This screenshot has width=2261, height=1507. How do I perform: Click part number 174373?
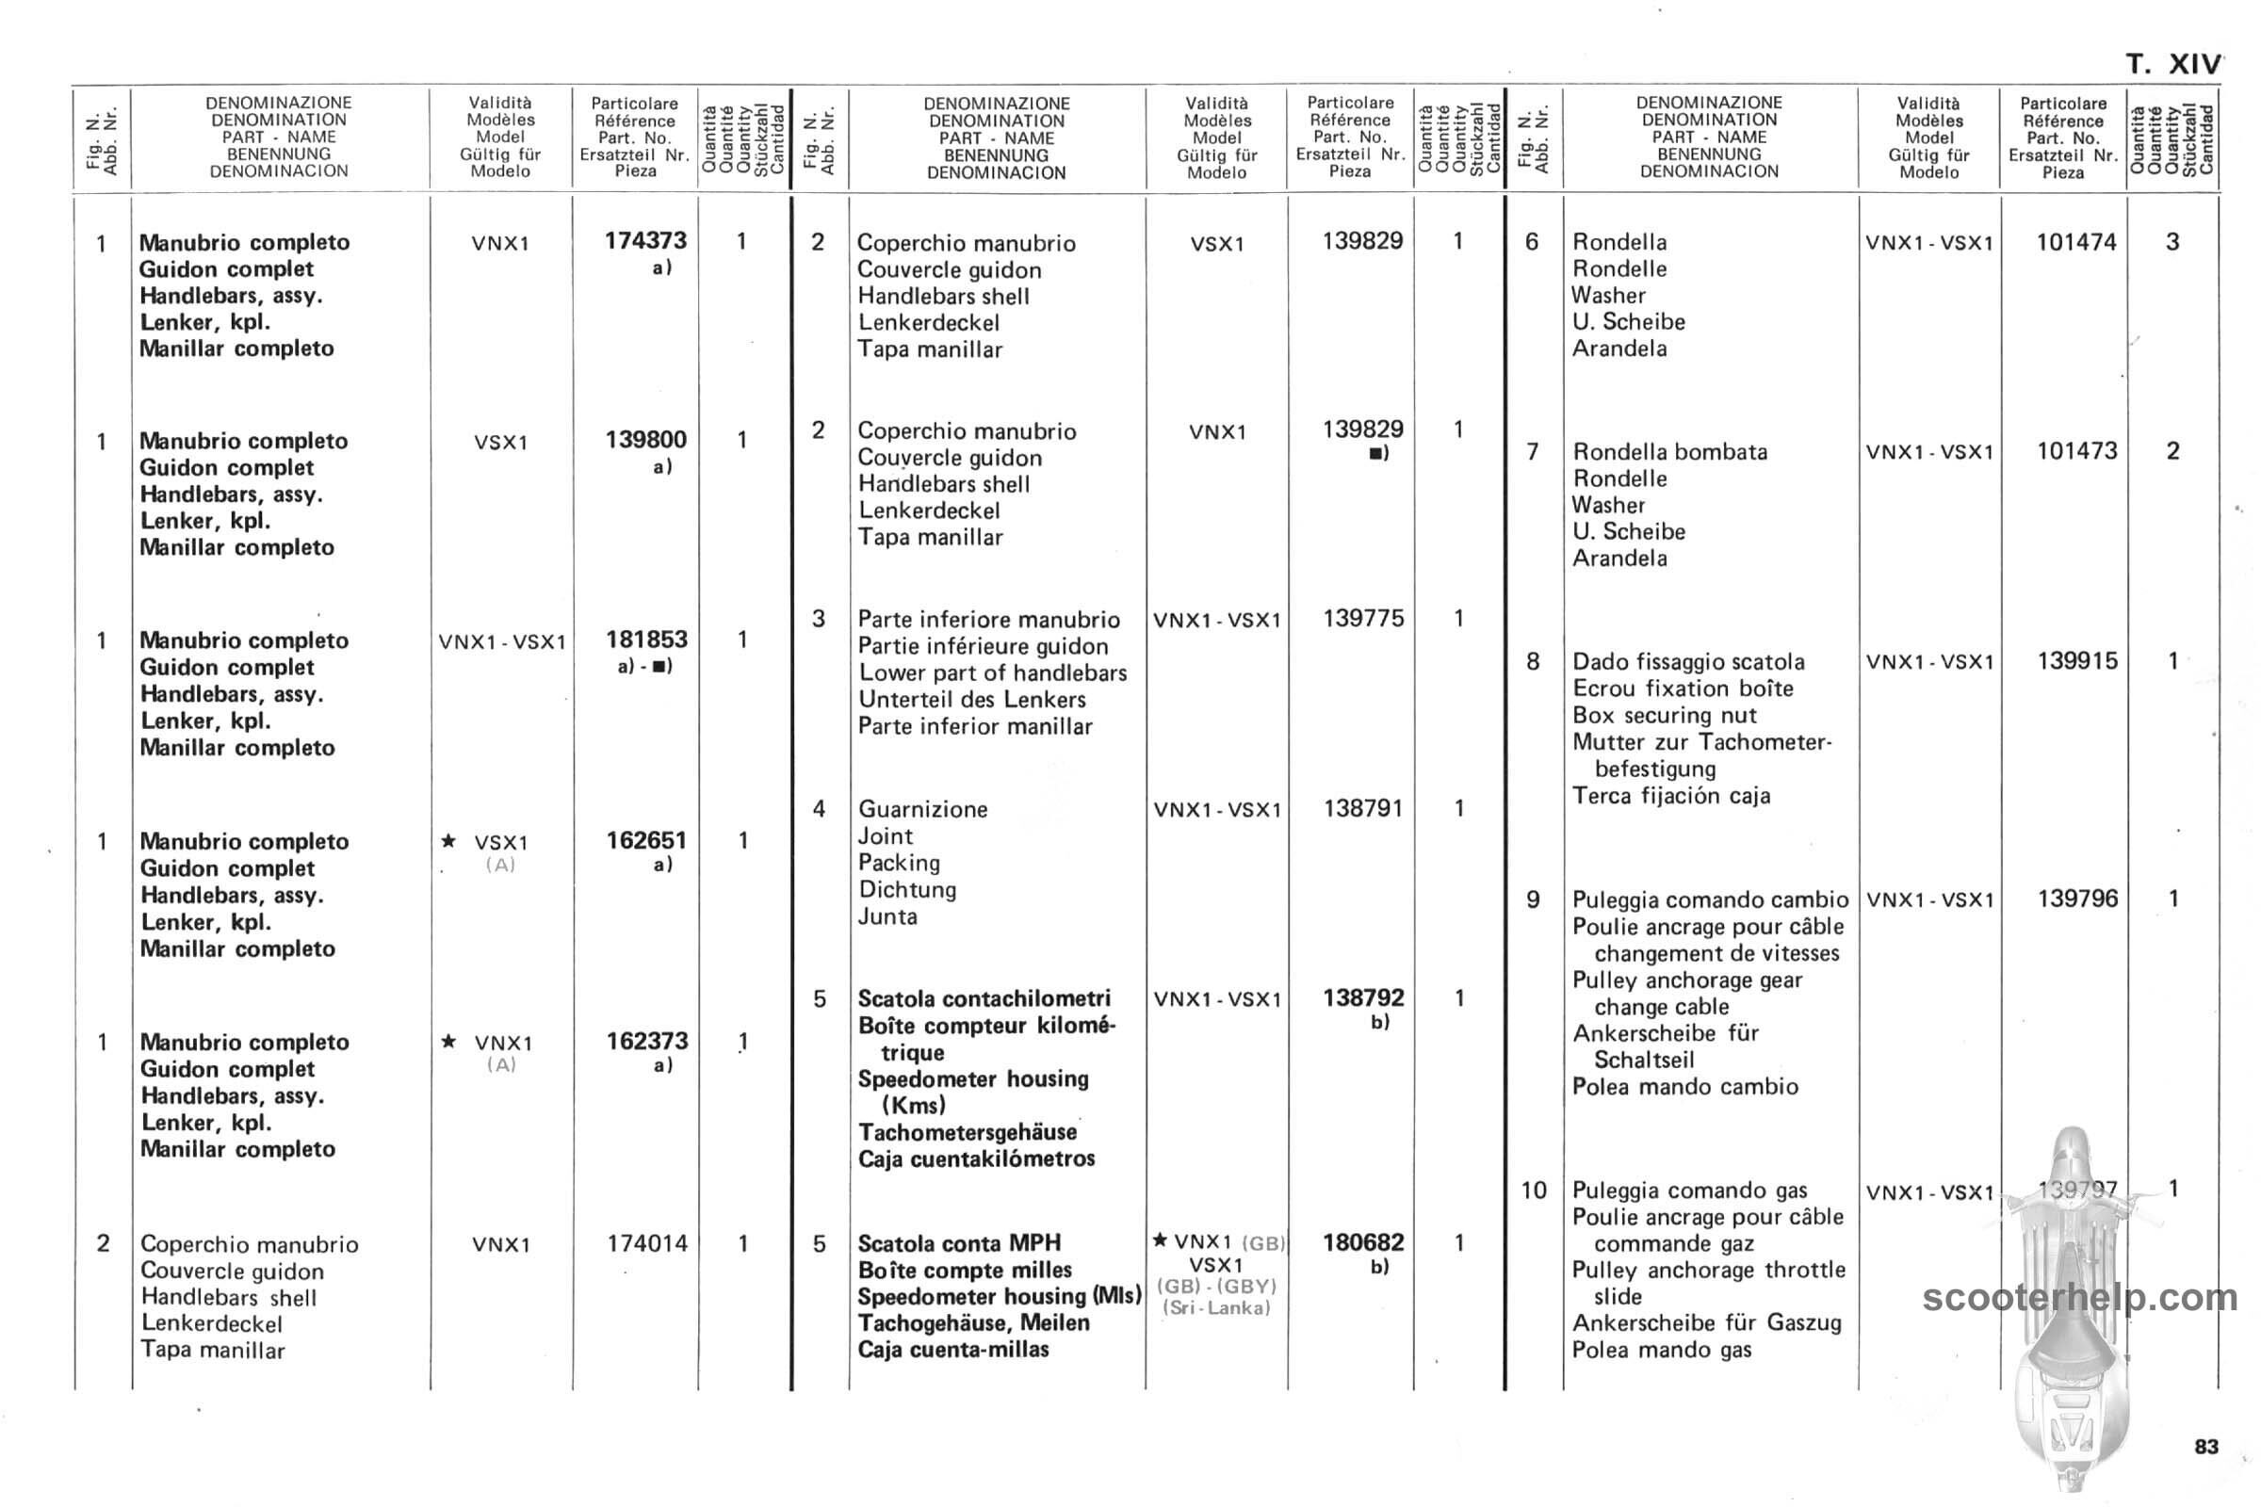(645, 241)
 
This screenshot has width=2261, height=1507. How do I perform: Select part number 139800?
(646, 440)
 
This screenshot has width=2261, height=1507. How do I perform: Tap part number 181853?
(646, 640)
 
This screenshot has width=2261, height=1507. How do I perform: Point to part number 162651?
(646, 841)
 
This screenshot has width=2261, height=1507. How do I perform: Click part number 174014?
(647, 1243)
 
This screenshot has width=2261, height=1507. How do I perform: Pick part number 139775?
(1363, 619)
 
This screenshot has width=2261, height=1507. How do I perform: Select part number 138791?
(1363, 809)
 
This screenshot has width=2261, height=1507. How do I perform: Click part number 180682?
(1363, 1242)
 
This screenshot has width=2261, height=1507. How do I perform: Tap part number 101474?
(2076, 242)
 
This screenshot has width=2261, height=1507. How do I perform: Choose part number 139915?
(2077, 661)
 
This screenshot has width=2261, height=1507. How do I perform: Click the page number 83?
(2206, 1448)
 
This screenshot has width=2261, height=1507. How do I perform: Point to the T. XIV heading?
(2172, 64)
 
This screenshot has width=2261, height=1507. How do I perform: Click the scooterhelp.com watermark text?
(2079, 1299)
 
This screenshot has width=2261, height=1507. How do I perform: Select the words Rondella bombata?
(1669, 452)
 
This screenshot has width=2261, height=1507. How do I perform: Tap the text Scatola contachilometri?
(984, 998)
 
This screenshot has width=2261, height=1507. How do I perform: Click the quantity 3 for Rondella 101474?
(2172, 242)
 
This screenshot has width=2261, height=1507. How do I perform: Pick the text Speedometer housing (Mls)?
(999, 1297)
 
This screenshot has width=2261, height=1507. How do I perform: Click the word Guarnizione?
(923, 809)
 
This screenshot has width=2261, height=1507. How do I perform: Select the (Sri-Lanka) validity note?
(1216, 1308)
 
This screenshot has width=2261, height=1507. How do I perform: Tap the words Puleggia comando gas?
(1689, 1191)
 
